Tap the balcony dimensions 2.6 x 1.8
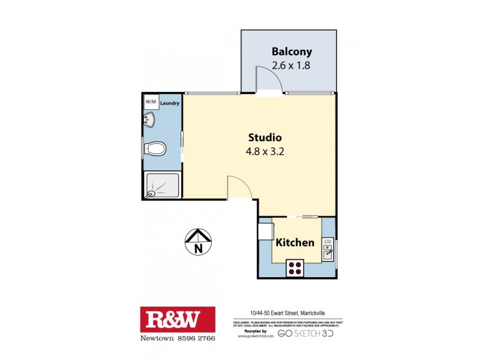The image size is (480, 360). pos(290,65)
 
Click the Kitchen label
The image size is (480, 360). pos(295,243)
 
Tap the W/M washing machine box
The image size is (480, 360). pos(151,102)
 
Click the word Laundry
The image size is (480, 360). pos(170,103)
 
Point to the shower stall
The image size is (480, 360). pos(162,186)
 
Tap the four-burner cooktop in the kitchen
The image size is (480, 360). pos(295,268)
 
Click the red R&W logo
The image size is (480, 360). pos(177,319)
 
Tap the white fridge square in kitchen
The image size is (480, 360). pos(265,231)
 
